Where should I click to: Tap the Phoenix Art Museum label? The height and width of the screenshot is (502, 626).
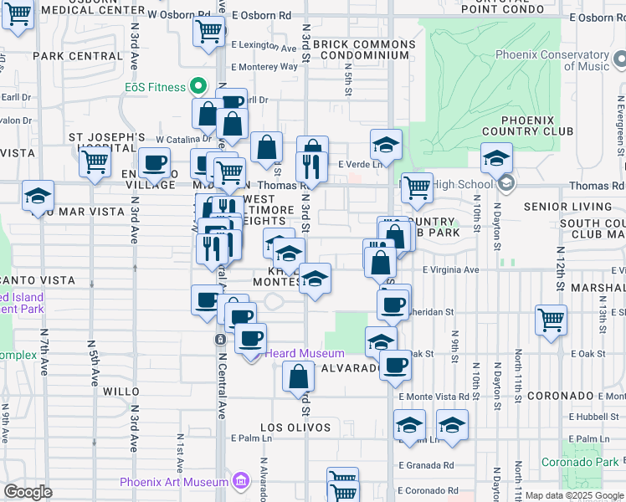pos(174,482)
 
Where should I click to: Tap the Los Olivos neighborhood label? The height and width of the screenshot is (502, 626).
pos(295,428)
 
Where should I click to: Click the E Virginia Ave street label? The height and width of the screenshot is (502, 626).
pos(450,270)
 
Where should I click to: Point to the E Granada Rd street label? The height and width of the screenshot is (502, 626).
pos(426,465)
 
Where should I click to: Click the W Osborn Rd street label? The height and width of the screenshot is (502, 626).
pos(179,15)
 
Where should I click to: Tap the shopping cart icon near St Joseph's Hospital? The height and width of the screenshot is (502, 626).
pos(95,161)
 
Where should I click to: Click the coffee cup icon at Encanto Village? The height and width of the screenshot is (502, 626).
pos(153,162)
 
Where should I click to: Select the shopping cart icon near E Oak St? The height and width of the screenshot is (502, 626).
pos(551,320)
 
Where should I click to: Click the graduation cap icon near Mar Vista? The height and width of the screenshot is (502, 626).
pos(38,196)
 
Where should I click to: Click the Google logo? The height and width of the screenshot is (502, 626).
pos(28,492)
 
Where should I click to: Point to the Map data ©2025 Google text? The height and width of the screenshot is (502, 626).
pos(574,495)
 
